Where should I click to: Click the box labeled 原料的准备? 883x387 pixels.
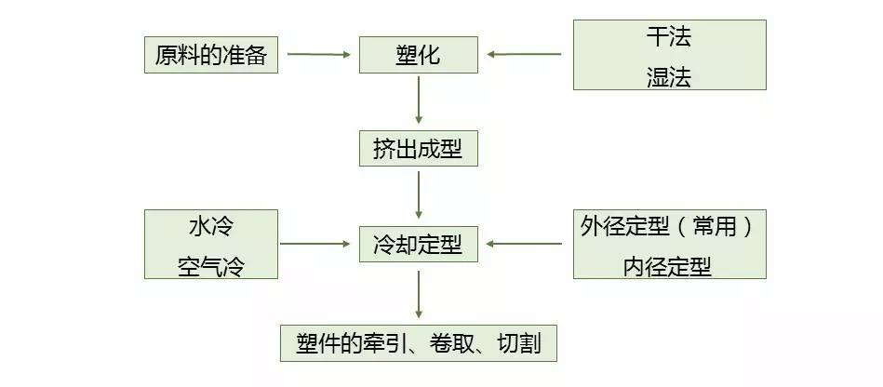pos(212,55)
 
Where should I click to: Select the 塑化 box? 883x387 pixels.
pos(418,55)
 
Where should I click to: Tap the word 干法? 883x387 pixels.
pos(669,38)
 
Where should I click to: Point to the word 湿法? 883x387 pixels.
pos(669,76)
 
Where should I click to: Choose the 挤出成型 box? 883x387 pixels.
pos(419,148)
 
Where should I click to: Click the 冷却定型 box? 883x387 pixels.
pos(418,245)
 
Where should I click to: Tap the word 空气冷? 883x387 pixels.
pos(211,264)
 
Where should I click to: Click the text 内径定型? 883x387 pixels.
pos(669,266)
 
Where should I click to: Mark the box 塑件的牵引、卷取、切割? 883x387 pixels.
pos(418,343)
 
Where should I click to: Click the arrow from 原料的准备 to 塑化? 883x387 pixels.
pos(318,54)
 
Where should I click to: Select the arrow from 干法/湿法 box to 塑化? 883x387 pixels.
pos(525,54)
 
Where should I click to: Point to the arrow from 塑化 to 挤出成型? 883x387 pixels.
pos(419,100)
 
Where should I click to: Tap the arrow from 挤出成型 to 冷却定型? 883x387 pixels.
pos(419,195)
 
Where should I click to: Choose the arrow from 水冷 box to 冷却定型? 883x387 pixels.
pos(318,245)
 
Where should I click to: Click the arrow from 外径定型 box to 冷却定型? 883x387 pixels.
pos(525,245)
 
